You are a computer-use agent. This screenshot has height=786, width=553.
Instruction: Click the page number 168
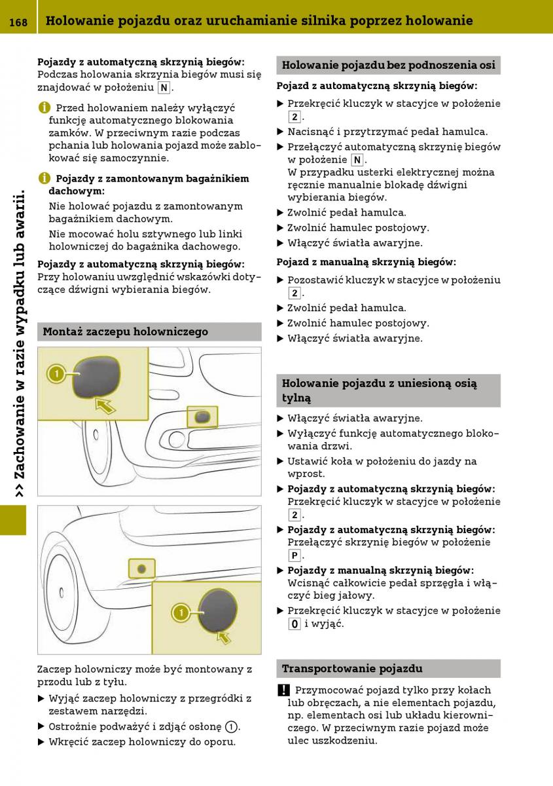(x=18, y=22)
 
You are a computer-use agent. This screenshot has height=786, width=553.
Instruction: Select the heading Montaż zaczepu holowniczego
(x=125, y=331)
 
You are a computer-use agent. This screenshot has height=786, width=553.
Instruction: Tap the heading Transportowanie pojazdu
(x=352, y=669)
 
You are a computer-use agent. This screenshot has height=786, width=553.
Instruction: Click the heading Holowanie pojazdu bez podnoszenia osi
(x=388, y=65)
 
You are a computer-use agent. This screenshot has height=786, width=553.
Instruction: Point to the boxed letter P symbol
(x=294, y=555)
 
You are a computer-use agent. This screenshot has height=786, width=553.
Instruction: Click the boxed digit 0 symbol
(x=294, y=624)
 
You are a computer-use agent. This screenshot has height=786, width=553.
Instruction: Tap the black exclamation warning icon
(x=283, y=690)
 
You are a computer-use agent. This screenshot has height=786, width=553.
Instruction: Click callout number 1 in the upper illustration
(x=57, y=374)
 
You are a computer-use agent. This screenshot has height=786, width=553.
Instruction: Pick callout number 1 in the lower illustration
(x=180, y=613)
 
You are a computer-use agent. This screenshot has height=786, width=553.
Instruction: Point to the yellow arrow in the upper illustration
(x=104, y=406)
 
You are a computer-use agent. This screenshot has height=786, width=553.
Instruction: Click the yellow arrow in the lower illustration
(x=224, y=636)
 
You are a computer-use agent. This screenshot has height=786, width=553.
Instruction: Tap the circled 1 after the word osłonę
(x=231, y=726)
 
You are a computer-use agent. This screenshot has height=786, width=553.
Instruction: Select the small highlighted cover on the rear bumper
(x=142, y=569)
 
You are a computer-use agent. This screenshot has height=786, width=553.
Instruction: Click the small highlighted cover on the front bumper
(x=203, y=416)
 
